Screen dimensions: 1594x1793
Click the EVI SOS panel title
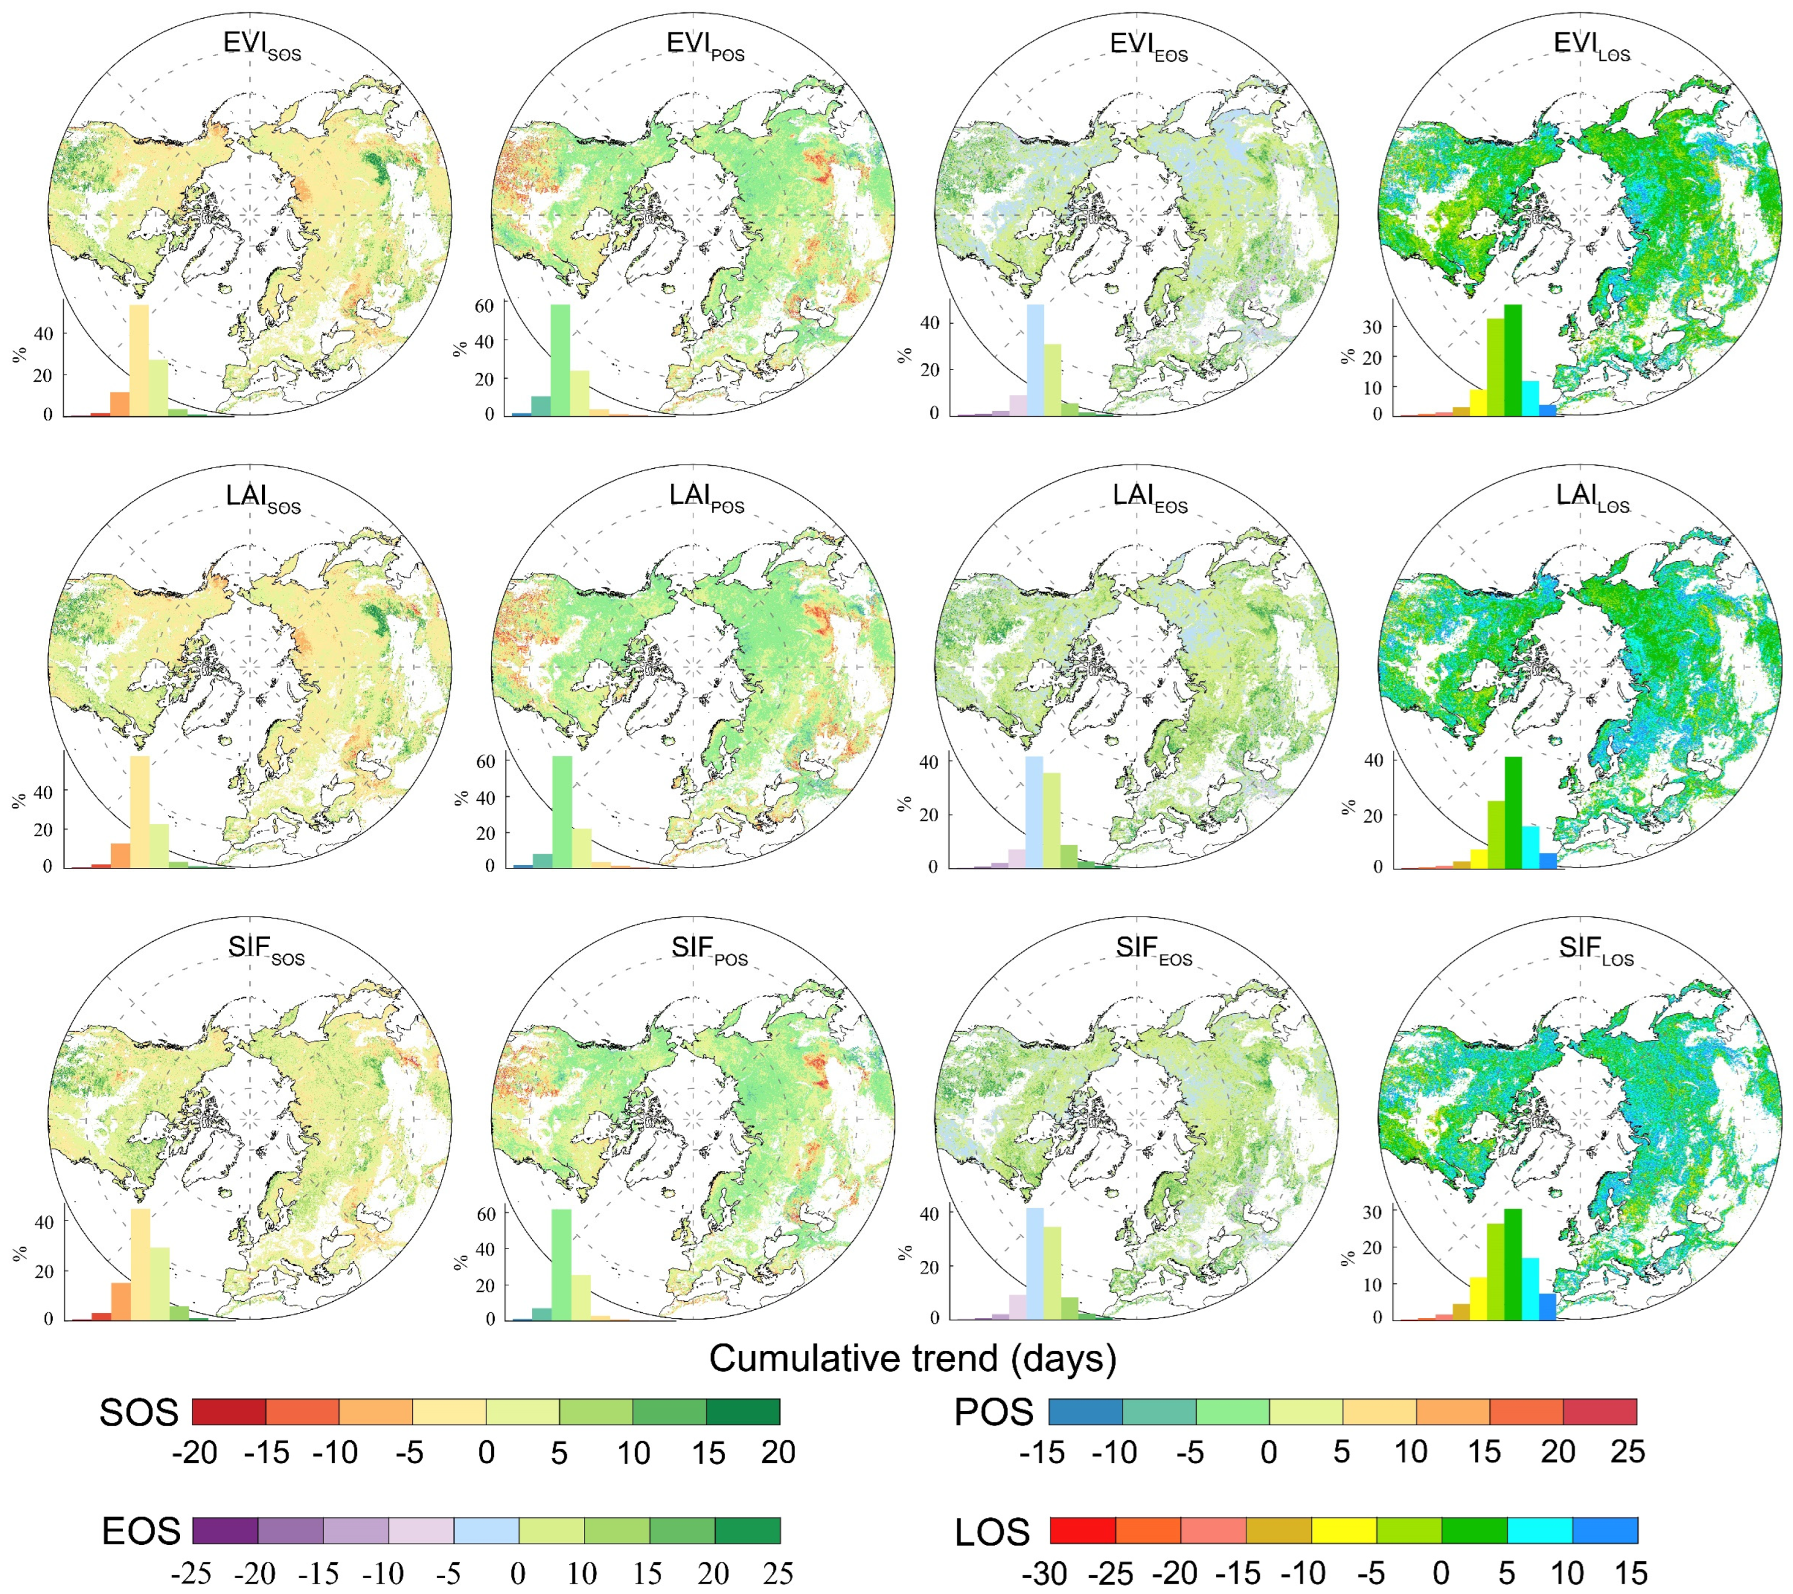(261, 46)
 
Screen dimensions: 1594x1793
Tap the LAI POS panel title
(706, 497)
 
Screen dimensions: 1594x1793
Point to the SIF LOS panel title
(1595, 950)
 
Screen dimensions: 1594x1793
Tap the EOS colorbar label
(140, 1531)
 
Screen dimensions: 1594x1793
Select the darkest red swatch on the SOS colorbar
(229, 1412)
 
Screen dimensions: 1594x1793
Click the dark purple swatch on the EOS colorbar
(224, 1531)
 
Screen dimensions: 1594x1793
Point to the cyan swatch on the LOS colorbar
(1539, 1531)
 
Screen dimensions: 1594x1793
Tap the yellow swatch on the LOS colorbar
(1344, 1531)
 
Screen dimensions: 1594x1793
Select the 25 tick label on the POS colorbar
(1627, 1453)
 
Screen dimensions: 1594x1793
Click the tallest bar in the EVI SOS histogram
(139, 359)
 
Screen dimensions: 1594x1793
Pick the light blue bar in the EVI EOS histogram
(1035, 359)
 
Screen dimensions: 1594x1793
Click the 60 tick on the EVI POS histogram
(484, 306)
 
